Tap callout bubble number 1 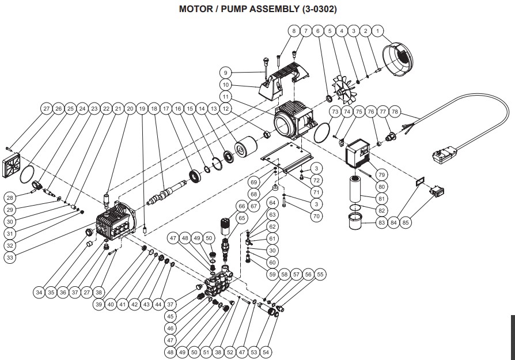tap(378, 30)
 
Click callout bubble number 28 tap(10, 198)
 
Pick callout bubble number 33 tap(10, 258)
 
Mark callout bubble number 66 tap(242, 206)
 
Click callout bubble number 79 tap(381, 175)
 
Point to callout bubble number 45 tap(171, 316)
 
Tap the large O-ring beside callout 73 tap(324, 131)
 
